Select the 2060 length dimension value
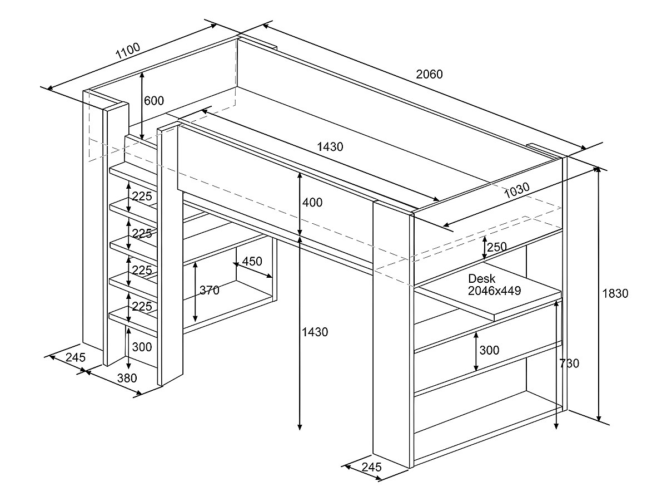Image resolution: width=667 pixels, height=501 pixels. click(x=430, y=73)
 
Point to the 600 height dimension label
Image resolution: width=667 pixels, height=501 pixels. click(x=154, y=101)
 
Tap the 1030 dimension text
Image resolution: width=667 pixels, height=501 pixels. click(x=516, y=190)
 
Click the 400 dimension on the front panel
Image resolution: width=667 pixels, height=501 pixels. click(x=312, y=203)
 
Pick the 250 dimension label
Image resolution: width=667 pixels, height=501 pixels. click(x=496, y=247)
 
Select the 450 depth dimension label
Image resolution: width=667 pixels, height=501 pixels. click(x=252, y=261)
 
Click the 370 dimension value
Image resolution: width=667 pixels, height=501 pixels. click(x=210, y=290)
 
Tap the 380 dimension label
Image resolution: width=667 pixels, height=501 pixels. click(x=127, y=379)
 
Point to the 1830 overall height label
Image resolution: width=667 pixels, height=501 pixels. click(x=615, y=293)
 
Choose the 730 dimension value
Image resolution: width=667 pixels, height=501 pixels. click(x=569, y=364)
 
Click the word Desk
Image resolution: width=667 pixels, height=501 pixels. click(x=481, y=279)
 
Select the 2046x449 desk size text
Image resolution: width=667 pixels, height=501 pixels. click(x=494, y=290)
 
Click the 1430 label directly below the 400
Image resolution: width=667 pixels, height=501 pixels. click(x=315, y=332)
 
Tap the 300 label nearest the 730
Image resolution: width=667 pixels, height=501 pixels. click(x=489, y=350)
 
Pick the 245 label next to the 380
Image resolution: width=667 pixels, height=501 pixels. click(x=75, y=357)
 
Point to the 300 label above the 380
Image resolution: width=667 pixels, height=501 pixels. click(x=142, y=347)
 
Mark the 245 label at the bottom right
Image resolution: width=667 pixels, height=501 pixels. click(x=371, y=467)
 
